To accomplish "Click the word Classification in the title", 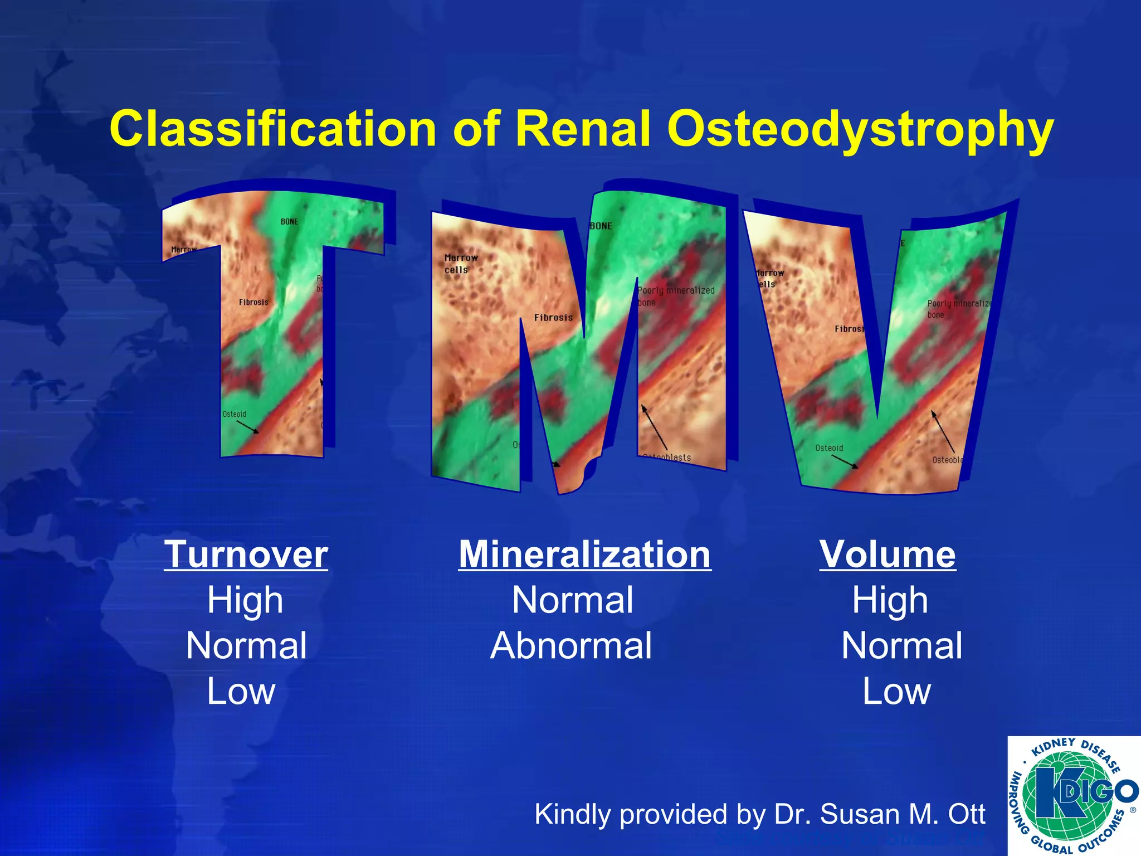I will [x=272, y=129].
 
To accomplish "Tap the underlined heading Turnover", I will [x=246, y=555].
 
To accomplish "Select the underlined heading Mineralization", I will [x=584, y=555].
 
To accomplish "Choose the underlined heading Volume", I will [x=888, y=555].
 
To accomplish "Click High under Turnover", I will [x=245, y=600].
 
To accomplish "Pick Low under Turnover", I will [x=241, y=691].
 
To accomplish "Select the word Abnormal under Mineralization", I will [x=571, y=646].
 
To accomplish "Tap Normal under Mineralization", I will [x=572, y=600].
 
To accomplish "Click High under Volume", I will [x=890, y=600].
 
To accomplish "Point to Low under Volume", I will [x=896, y=691].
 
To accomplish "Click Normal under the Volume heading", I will [x=901, y=646].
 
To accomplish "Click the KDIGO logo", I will [x=1072, y=795].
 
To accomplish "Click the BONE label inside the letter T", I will [x=289, y=222].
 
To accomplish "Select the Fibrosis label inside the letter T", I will [x=253, y=302].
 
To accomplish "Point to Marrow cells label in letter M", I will [x=461, y=264].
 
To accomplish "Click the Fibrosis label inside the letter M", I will [x=553, y=318].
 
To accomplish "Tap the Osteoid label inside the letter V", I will [x=829, y=448].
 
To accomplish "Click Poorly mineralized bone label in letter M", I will [x=675, y=296].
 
